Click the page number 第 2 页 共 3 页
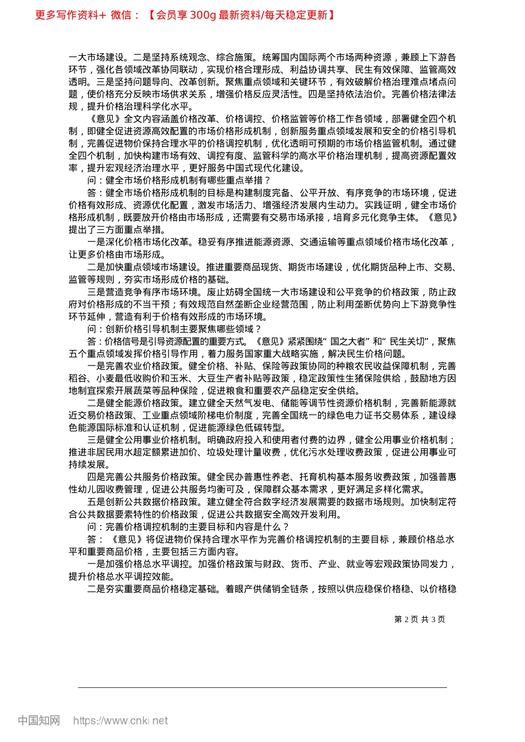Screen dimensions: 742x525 tap(419, 619)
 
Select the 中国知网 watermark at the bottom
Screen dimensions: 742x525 tap(39, 720)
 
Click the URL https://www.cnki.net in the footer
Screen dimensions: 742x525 tap(120, 720)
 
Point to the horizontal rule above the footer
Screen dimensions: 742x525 tap(262, 688)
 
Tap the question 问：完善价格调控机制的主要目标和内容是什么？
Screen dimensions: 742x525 tap(188, 527)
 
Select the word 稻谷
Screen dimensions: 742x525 tap(78, 379)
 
